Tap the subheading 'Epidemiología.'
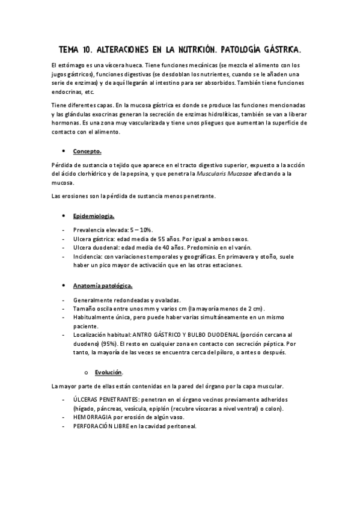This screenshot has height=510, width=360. (94, 215)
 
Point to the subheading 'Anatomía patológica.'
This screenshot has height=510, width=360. (103, 285)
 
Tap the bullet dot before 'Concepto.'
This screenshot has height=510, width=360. (63, 150)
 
